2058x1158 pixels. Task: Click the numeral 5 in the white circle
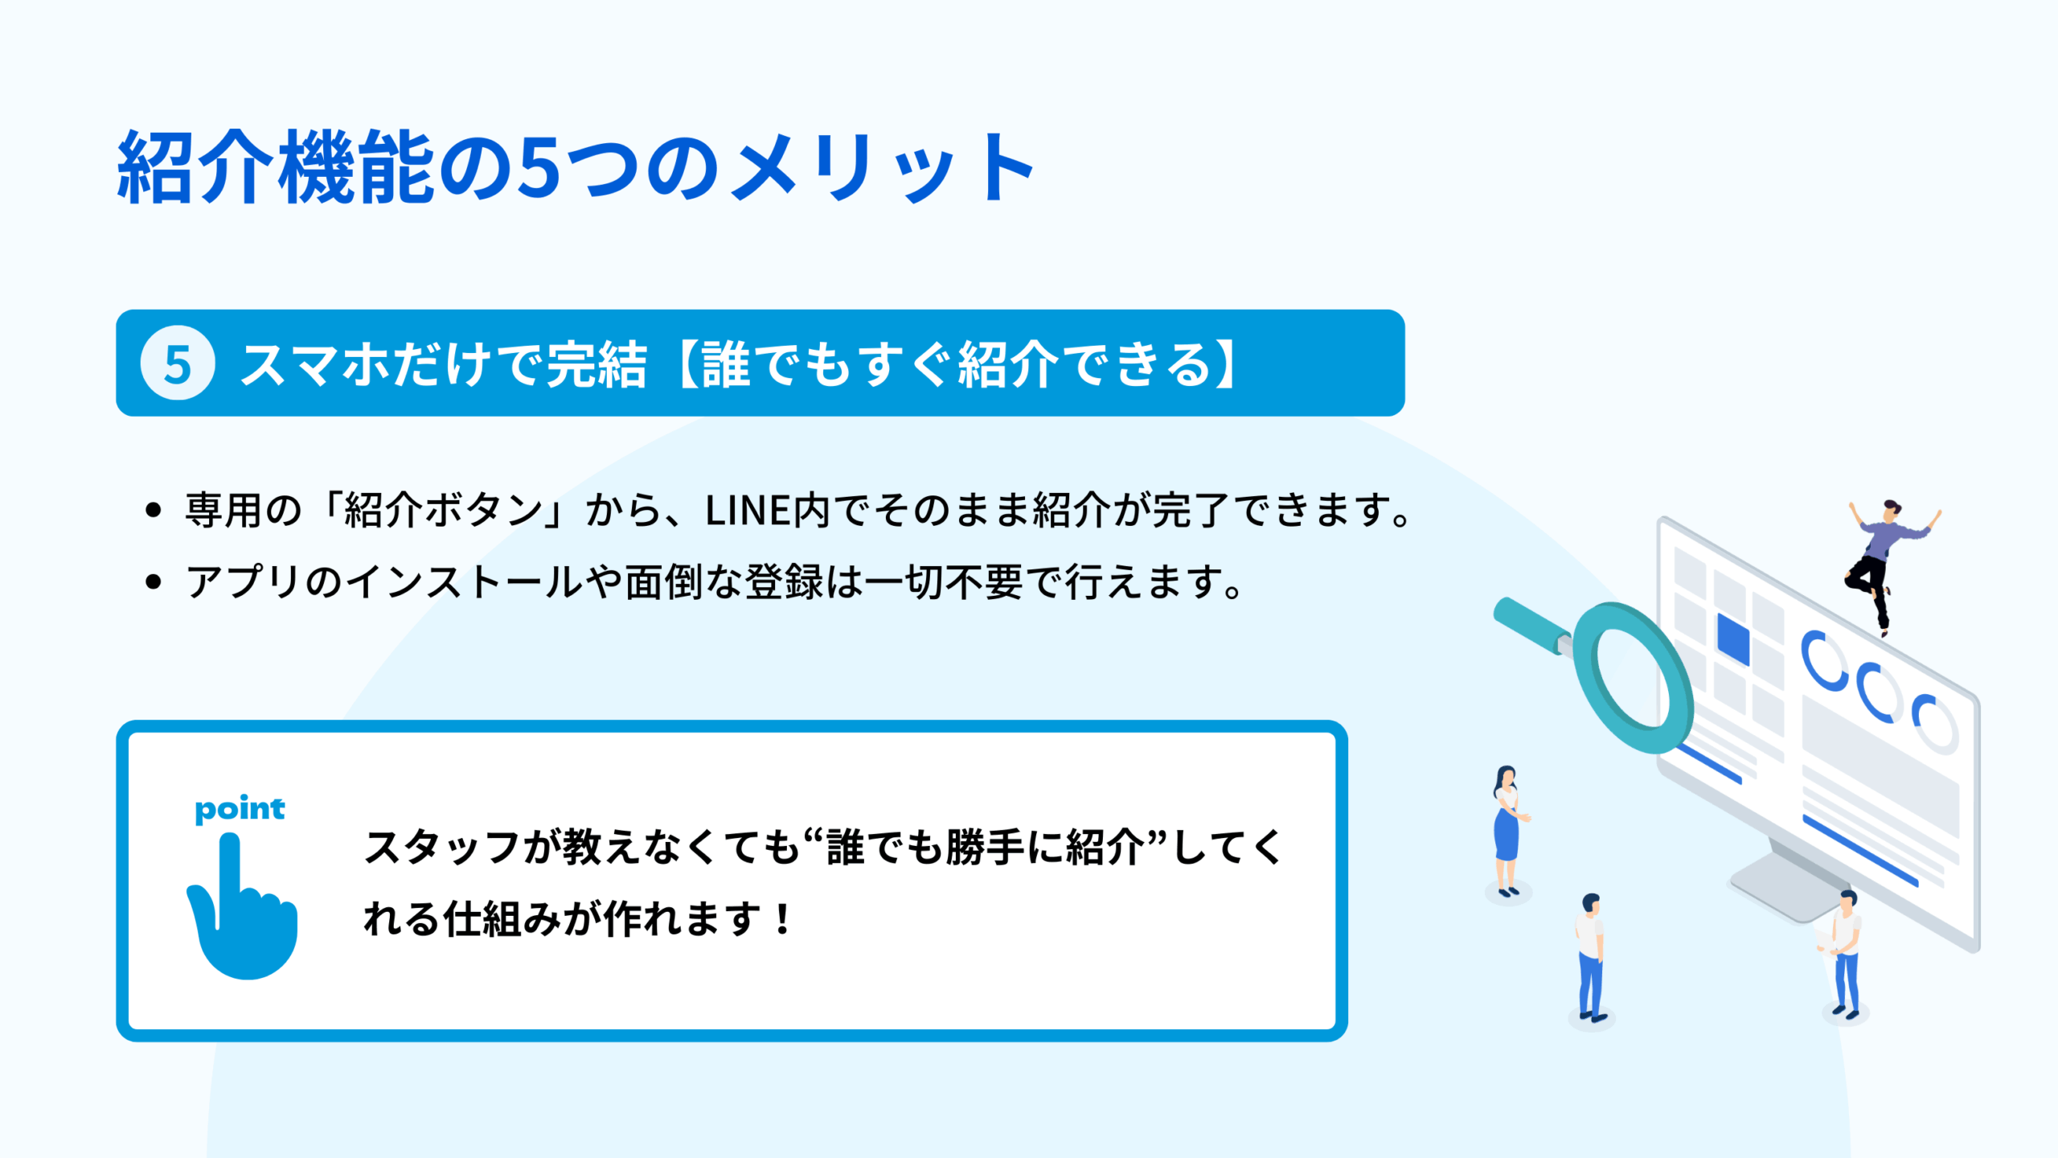[178, 364]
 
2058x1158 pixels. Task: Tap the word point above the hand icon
[240, 809]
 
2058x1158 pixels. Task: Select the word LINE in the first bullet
[748, 511]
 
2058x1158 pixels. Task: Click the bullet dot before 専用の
[154, 510]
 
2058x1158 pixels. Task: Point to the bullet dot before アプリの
[154, 582]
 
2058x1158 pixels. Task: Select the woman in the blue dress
[1508, 832]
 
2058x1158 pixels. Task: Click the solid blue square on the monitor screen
[1733, 639]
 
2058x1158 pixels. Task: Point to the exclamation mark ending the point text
[781, 918]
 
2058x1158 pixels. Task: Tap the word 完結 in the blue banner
[596, 364]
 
